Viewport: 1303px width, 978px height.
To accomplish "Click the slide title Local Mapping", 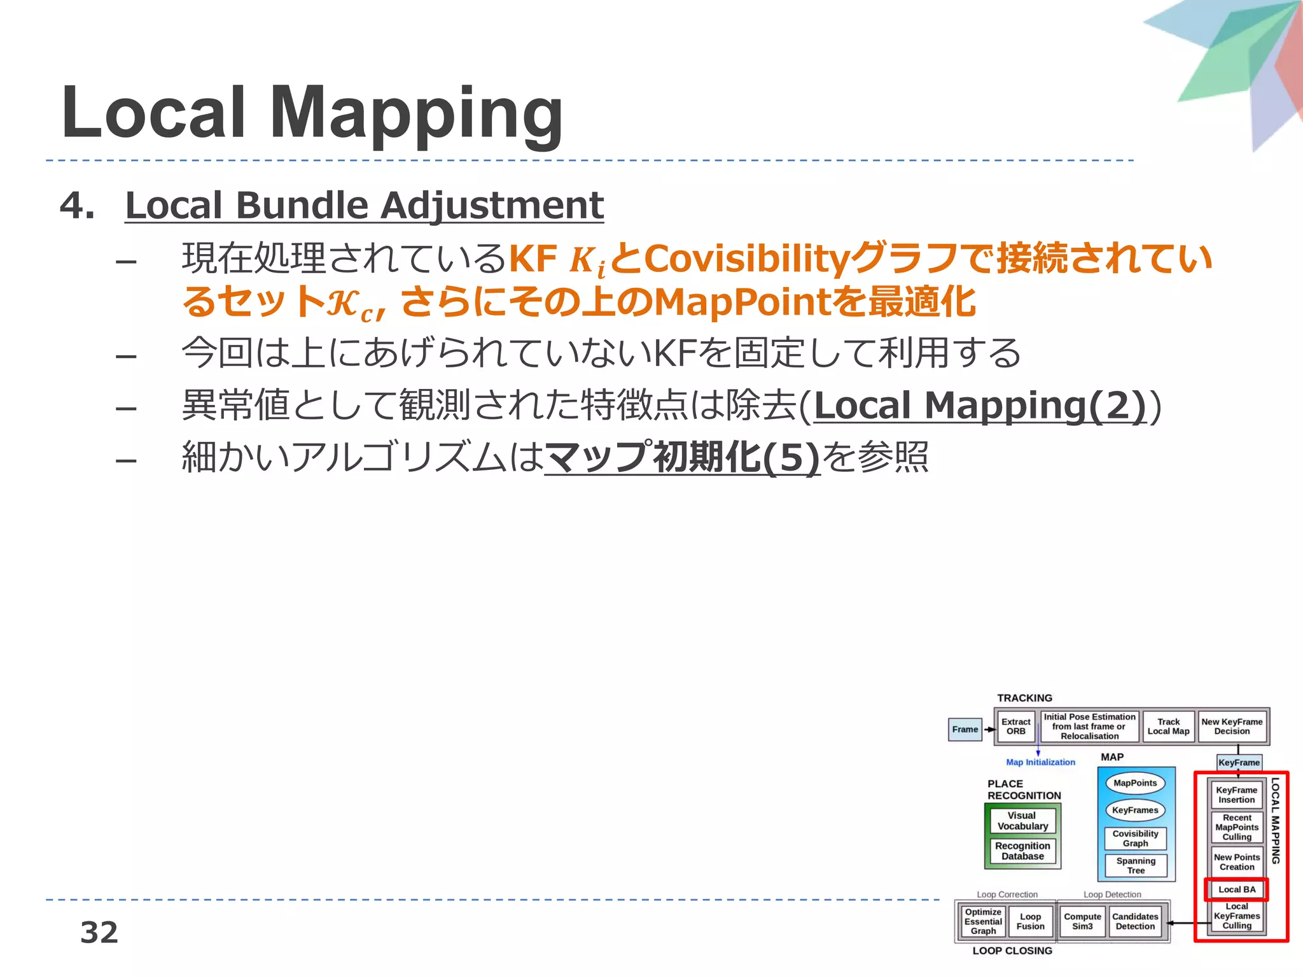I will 312,113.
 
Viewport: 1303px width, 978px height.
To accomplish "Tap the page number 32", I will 99,932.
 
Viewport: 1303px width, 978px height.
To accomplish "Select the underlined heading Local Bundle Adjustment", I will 364,206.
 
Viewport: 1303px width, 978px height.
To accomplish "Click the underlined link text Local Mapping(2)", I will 980,406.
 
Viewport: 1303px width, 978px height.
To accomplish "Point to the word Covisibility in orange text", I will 747,259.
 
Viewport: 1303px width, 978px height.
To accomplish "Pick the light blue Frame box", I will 965,729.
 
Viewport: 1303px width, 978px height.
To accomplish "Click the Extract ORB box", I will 1015,726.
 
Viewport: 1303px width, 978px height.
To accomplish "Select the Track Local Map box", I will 1168,726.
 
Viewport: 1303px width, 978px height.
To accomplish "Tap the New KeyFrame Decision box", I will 1232,726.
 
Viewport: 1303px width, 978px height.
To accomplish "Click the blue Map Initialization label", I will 1040,762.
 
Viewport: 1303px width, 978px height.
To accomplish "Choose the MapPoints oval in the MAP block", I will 1135,783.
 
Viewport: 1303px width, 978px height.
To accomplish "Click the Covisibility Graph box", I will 1135,839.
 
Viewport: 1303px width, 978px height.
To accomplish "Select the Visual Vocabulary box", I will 1022,821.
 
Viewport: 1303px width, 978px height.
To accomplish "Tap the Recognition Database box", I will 1022,851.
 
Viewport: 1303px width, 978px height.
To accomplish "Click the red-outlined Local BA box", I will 1237,889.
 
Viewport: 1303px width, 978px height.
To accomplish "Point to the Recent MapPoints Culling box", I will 1237,827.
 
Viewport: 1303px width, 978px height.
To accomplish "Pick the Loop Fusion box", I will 1030,921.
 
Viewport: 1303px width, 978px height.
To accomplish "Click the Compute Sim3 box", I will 1082,921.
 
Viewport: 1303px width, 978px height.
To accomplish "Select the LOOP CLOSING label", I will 1012,951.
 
